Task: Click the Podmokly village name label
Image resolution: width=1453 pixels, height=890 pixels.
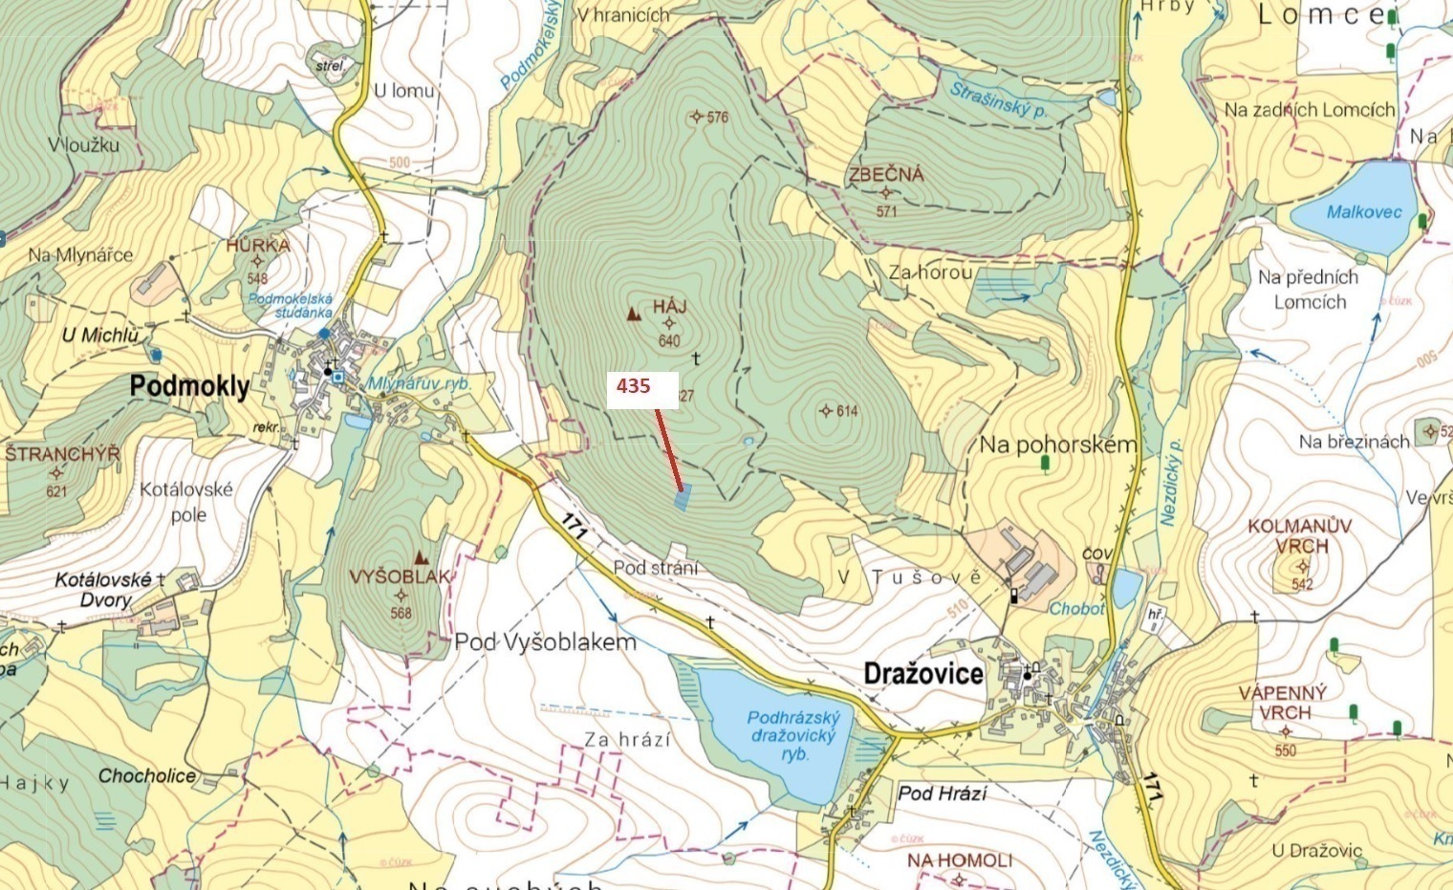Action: pos(189,386)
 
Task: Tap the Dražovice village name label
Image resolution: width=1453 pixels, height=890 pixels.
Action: pos(922,673)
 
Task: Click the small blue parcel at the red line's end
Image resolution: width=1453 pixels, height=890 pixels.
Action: pos(682,498)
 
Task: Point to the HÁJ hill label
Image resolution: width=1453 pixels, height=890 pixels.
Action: pos(669,307)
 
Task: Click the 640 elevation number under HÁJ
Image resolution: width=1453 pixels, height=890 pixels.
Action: pos(669,341)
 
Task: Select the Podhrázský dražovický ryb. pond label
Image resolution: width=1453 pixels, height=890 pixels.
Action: pos(792,735)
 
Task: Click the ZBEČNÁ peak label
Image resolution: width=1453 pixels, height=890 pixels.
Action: pos(886,174)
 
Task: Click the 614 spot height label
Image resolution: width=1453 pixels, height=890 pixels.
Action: pos(846,411)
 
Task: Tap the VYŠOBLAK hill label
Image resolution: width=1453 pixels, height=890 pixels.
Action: pos(400,577)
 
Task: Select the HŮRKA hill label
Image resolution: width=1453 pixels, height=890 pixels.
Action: pos(257,245)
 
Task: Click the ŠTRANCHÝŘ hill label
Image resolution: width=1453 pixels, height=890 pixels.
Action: pos(63,454)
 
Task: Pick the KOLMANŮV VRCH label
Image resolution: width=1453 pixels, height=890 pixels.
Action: pos(1299,536)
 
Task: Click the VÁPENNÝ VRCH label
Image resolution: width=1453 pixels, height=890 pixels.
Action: pos(1283,703)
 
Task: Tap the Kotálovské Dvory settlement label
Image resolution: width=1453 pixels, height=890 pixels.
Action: pos(104,590)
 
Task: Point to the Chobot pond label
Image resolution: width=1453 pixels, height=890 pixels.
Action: pos(1076,608)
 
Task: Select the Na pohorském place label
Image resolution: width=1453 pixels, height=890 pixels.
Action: pos(1057,445)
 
